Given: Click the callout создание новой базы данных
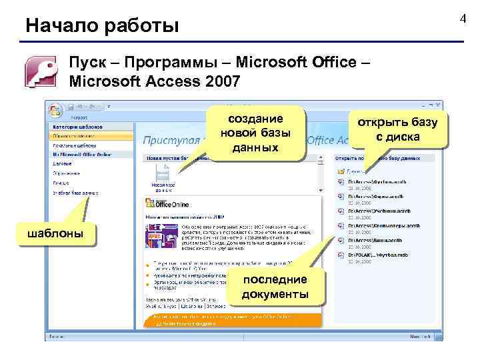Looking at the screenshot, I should (255, 133).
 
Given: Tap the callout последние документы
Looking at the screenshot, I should (275, 287).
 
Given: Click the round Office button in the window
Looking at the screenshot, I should (55, 110).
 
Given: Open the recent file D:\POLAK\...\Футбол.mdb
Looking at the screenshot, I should (377, 255).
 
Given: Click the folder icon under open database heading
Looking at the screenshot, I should (341, 171).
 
